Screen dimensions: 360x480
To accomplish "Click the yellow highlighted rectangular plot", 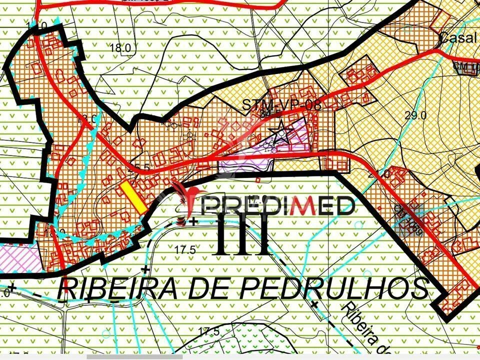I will click(133, 197).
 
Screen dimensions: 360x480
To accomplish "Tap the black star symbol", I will click(280, 132).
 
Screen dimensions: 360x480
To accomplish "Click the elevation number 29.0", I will click(415, 115).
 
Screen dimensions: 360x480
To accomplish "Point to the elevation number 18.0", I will click(120, 47).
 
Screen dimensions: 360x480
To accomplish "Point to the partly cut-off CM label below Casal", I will click(465, 66).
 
